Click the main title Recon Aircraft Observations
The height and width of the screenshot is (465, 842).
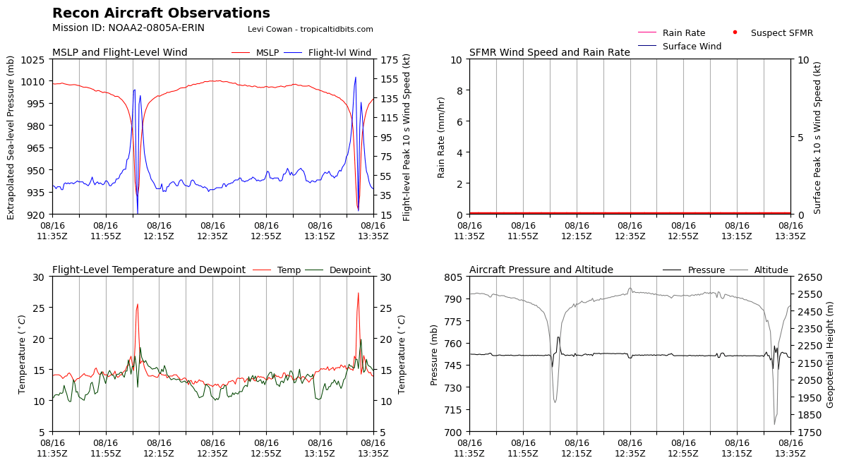pyautogui.click(x=161, y=13)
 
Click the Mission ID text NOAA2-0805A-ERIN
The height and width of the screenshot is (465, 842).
pyautogui.click(x=128, y=28)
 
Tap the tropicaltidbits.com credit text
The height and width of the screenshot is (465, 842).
pyautogui.click(x=311, y=29)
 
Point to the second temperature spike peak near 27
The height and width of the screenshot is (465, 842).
pyautogui.click(x=358, y=293)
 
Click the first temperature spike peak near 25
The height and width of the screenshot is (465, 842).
pyautogui.click(x=138, y=304)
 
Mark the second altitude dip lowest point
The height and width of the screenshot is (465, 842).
pyautogui.click(x=774, y=424)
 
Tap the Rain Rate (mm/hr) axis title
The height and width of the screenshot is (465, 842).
pyautogui.click(x=441, y=137)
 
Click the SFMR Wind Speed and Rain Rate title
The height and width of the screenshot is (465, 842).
pyautogui.click(x=549, y=53)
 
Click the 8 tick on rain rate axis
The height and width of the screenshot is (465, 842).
pyautogui.click(x=459, y=91)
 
